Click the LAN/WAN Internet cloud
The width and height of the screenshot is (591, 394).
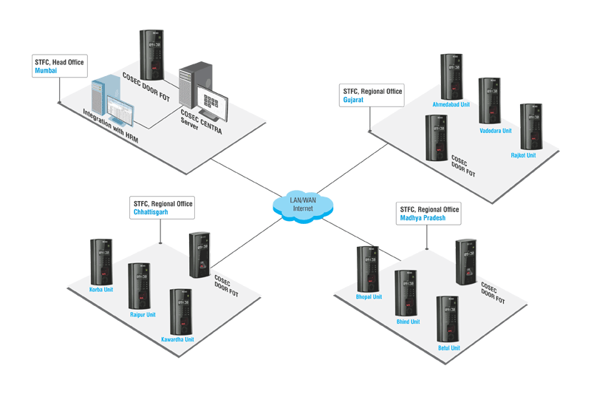[303, 204]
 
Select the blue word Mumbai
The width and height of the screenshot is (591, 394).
[46, 71]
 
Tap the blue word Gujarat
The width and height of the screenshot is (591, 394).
[353, 100]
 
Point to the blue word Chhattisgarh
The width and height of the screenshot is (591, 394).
[151, 212]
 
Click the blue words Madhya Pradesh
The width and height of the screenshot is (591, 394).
[423, 218]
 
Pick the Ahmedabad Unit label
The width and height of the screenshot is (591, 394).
[451, 105]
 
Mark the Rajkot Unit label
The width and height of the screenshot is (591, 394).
[523, 155]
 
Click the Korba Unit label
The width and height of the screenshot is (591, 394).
[101, 290]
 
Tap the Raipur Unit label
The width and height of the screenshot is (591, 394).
[143, 315]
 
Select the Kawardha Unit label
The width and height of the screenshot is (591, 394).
[177, 339]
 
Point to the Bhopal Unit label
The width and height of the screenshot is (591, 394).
[368, 297]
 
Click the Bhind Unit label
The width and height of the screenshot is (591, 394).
[408, 322]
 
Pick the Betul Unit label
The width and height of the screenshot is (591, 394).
[448, 347]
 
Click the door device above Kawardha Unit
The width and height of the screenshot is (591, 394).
[181, 311]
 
